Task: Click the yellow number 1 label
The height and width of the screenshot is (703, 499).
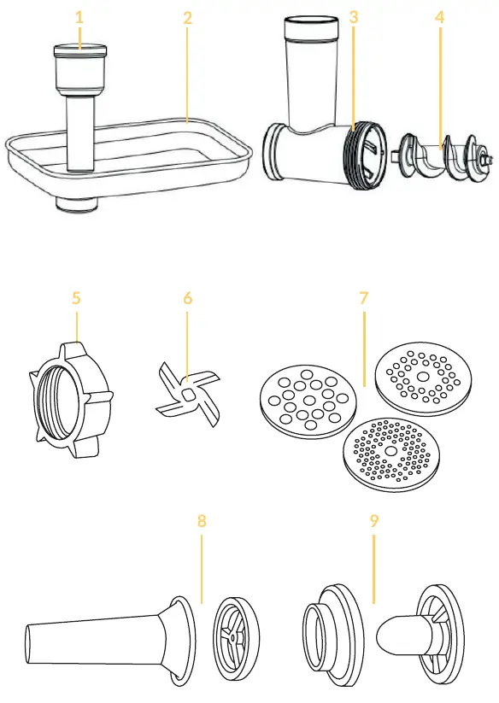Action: [79, 17]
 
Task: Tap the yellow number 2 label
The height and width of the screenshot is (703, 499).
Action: [188, 18]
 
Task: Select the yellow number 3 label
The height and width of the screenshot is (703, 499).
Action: [354, 17]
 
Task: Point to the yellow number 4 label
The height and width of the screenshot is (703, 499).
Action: [439, 17]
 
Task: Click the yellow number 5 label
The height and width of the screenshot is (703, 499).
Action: [76, 298]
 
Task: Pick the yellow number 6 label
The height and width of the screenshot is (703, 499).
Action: [187, 298]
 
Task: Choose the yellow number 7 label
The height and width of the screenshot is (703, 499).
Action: [364, 298]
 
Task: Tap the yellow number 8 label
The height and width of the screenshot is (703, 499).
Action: [202, 520]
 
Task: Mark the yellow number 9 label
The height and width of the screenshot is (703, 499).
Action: [374, 520]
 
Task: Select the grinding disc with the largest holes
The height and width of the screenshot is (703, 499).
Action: [308, 401]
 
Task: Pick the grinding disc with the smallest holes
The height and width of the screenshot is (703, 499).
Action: [391, 455]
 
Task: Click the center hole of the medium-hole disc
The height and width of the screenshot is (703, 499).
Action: [422, 376]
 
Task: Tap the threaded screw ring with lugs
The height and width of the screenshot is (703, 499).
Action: [71, 399]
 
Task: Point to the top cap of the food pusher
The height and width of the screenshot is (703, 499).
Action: [79, 50]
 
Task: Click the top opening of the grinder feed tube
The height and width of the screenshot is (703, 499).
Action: [311, 21]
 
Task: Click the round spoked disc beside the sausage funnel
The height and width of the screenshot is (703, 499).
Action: [236, 636]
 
